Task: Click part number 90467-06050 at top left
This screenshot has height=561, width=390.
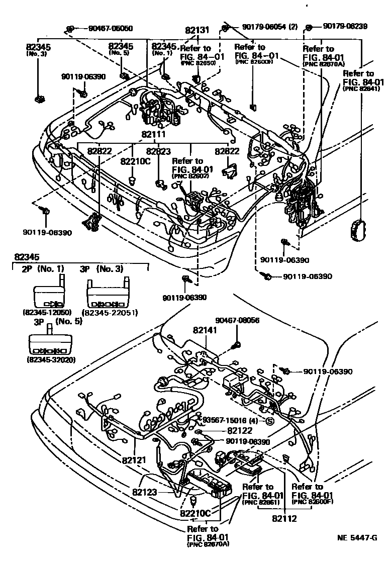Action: [104, 29]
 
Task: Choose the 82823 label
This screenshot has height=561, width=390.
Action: [159, 151]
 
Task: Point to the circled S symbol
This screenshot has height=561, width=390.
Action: [269, 421]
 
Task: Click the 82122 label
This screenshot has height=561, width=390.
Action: [240, 430]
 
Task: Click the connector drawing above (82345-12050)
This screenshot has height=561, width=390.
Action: [48, 294]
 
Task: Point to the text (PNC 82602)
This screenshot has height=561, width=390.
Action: [186, 176]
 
